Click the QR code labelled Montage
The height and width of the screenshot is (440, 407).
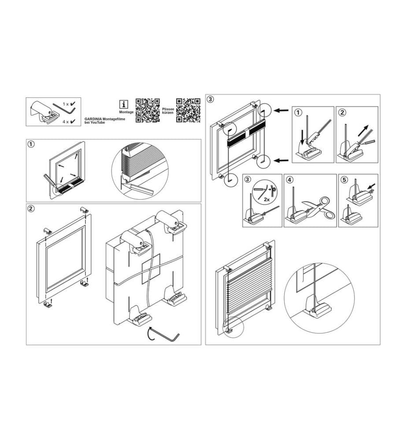tap(148, 110)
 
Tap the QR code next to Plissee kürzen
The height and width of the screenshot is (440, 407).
tap(188, 110)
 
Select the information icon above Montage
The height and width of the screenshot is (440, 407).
tap(124, 104)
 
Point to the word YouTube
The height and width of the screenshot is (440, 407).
tap(98, 123)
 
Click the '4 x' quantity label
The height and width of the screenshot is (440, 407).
tap(66, 122)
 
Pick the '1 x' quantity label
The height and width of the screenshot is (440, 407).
tap(66, 104)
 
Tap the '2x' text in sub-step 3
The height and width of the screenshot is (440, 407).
tap(267, 199)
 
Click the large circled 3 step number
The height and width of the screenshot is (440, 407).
tap(210, 99)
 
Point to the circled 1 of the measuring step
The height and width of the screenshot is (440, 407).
tap(31, 144)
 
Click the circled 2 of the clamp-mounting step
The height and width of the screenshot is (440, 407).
tap(31, 209)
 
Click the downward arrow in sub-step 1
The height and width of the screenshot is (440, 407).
tap(302, 137)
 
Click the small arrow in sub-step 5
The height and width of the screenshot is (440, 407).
tap(372, 186)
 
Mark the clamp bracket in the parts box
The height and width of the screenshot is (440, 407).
tap(45, 112)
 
